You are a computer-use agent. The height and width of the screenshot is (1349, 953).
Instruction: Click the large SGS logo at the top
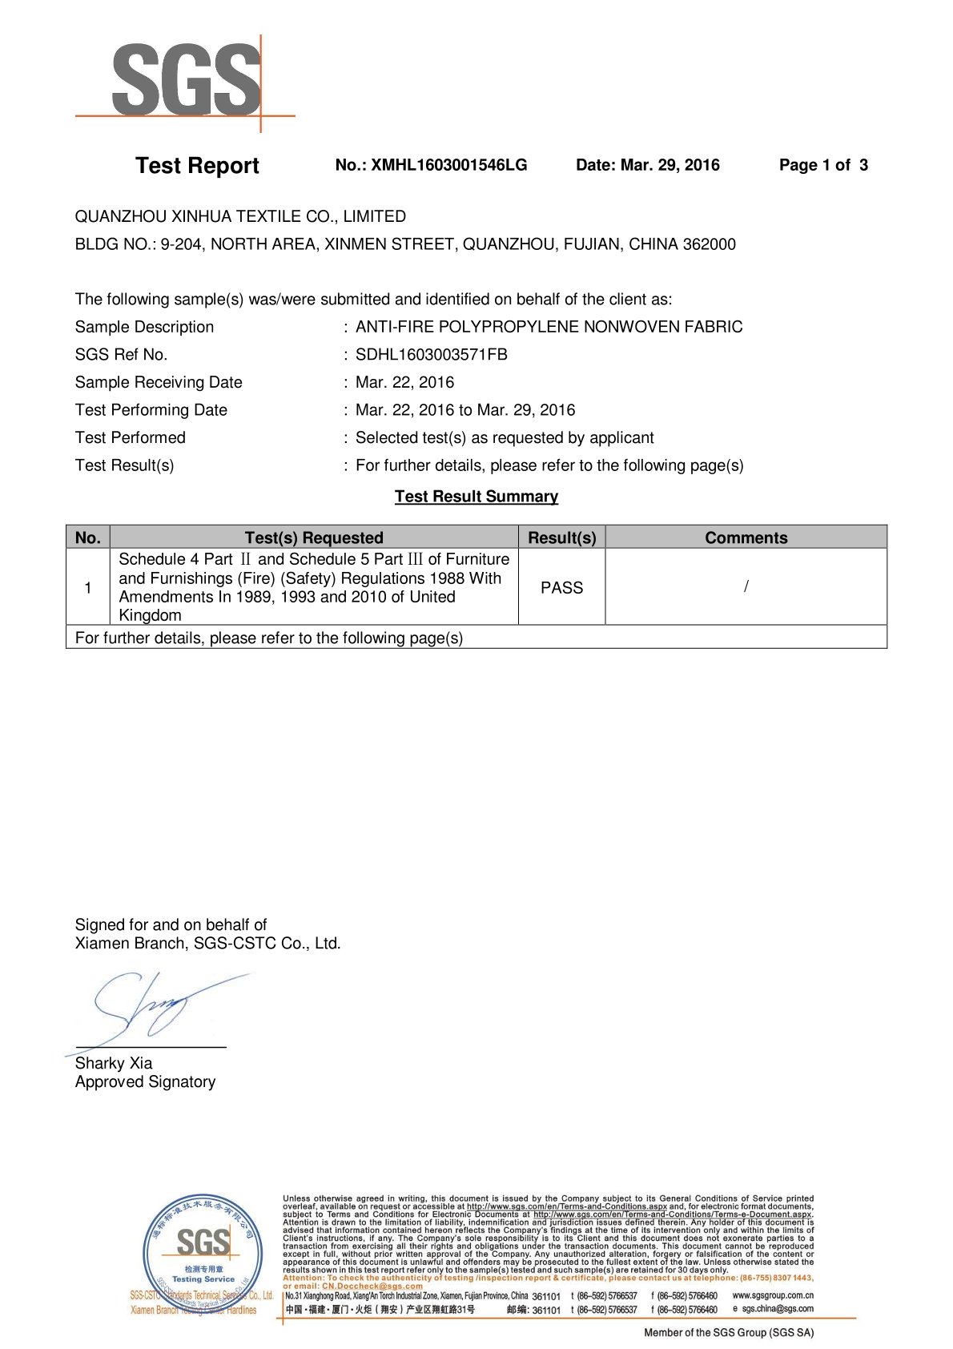tap(186, 80)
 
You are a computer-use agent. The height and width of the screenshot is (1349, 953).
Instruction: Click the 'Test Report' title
tap(197, 166)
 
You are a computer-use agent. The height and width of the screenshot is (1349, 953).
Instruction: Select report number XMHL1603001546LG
tap(448, 165)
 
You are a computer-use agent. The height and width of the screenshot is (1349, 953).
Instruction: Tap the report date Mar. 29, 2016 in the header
tap(670, 165)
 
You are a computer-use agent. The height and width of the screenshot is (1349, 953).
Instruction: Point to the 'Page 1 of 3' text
tap(823, 165)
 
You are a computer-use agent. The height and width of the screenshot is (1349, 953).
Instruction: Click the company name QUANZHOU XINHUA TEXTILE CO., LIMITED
tap(240, 216)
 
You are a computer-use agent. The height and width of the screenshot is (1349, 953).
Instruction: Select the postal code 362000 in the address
tap(709, 244)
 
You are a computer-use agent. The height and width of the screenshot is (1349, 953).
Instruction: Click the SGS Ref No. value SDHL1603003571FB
tap(432, 354)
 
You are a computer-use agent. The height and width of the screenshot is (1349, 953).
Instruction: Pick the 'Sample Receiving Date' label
tap(159, 382)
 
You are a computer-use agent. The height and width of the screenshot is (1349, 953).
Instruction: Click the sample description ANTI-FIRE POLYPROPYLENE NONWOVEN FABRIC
tap(549, 327)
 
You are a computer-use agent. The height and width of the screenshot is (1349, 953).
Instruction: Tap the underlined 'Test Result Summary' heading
tap(476, 497)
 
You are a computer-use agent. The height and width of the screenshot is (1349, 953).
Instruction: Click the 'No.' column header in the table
tap(87, 538)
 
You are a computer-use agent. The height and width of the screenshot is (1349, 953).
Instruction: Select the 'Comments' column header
tap(746, 538)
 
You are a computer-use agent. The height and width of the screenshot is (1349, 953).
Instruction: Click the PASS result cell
tap(561, 587)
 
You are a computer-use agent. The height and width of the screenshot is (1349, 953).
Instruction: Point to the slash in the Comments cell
tap(746, 586)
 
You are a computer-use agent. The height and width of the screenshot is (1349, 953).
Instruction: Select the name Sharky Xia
tap(114, 1063)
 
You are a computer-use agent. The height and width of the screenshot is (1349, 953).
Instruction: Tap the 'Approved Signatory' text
tap(145, 1082)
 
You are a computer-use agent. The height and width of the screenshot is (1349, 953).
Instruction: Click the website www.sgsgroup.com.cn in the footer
tap(773, 1295)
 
